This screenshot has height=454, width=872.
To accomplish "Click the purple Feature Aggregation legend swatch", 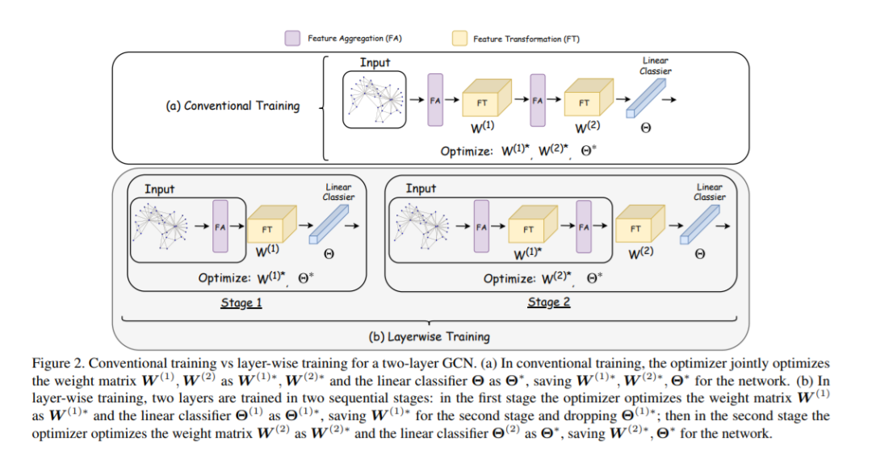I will point(292,38).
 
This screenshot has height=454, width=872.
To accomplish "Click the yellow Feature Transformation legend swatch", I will point(460,38).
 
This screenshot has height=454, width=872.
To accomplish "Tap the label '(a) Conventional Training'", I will point(232,106).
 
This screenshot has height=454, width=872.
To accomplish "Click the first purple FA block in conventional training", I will point(436,100).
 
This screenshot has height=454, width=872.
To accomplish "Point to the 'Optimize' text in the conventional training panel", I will point(464,151).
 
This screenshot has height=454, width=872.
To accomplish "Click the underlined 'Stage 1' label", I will point(241,303).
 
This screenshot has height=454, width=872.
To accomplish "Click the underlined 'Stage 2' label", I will point(549,302).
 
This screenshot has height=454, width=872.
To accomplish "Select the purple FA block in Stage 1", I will point(219,227).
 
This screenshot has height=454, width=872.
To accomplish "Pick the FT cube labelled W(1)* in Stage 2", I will point(530,228).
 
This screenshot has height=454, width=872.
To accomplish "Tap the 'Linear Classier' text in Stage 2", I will point(710,192).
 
